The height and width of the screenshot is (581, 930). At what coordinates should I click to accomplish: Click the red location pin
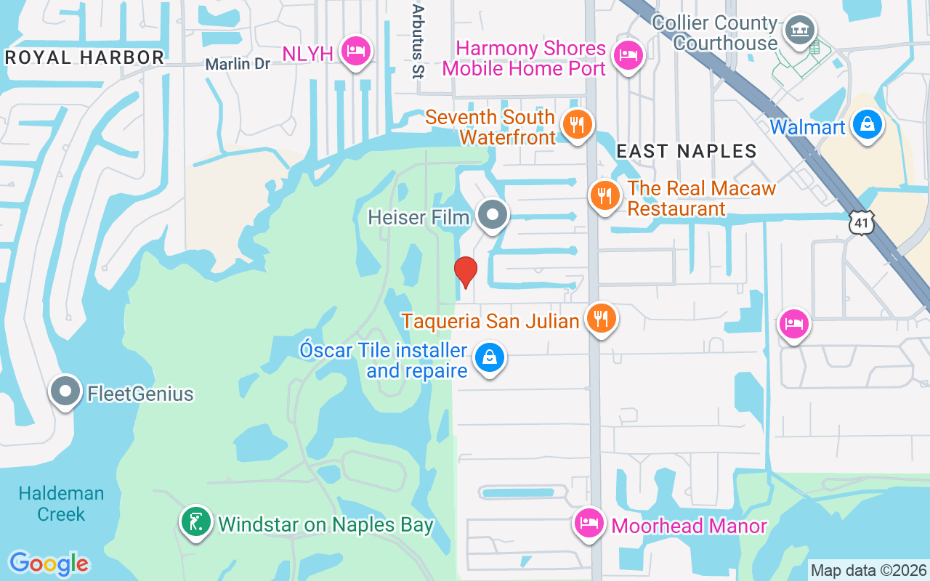(465, 272)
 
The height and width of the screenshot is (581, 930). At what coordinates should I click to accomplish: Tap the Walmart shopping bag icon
(868, 124)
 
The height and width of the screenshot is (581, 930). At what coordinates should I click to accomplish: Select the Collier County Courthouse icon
(799, 31)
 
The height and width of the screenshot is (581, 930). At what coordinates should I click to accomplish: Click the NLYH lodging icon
(356, 51)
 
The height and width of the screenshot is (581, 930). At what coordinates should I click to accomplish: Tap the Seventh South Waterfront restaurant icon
(577, 124)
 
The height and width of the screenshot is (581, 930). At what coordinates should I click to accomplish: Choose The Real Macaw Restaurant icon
(604, 195)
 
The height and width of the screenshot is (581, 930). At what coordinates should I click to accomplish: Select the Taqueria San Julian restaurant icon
(601, 317)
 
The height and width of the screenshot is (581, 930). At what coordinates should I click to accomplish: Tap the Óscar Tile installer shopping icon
(490, 357)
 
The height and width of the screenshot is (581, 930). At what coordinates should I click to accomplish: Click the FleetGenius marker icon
(65, 391)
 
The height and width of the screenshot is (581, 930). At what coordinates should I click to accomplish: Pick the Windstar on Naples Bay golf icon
(196, 521)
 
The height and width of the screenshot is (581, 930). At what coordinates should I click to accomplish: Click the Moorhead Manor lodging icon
(589, 523)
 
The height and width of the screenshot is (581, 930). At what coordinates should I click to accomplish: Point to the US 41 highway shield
(862, 223)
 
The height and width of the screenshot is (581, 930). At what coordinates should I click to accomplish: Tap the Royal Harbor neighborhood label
(84, 57)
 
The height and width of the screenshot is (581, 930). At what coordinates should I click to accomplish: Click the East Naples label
(686, 151)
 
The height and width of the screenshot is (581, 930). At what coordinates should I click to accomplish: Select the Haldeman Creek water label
(62, 503)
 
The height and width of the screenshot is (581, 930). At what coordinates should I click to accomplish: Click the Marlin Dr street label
(238, 64)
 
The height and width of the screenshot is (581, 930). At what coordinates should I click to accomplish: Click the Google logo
(49, 564)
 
